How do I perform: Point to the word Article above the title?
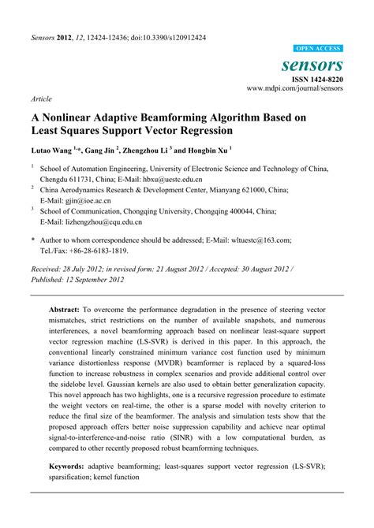pyautogui.click(x=41, y=99)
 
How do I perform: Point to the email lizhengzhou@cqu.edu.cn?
pyautogui.click(x=106, y=221)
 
